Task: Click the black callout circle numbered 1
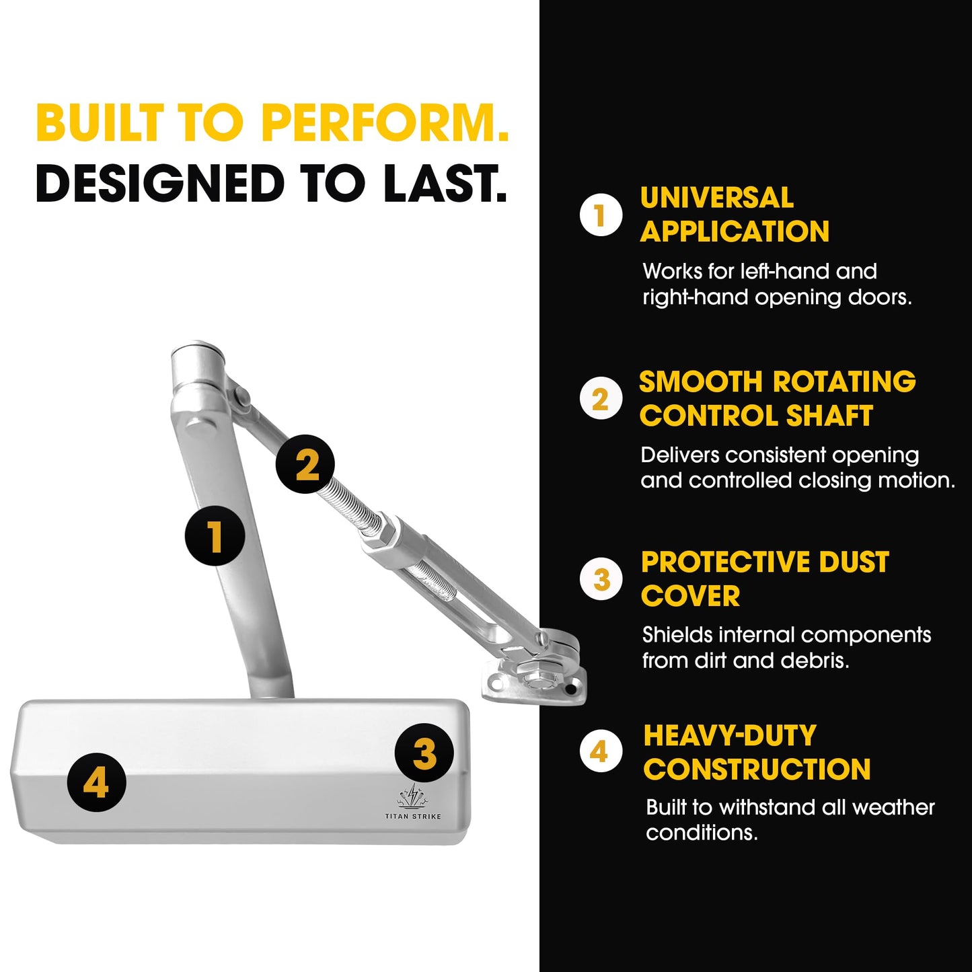coord(215,535)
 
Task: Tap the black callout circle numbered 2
coord(305,465)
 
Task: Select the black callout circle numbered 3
coord(424,753)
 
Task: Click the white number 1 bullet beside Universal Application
coord(601,215)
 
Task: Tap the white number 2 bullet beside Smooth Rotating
coord(601,398)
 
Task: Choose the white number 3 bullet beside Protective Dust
coord(601,579)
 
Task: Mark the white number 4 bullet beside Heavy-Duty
coord(601,751)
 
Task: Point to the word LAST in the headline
coord(445,182)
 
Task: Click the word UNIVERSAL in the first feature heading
coord(717,198)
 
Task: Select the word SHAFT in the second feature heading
coord(829,416)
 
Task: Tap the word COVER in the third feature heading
coord(691,596)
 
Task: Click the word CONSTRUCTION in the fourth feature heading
coord(757,770)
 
